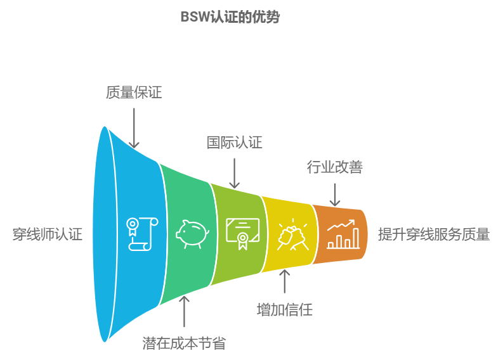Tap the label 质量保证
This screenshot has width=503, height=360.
point(133,93)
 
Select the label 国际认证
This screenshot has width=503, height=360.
point(234,143)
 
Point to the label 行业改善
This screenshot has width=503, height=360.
point(334,167)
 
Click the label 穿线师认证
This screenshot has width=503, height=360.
point(48,234)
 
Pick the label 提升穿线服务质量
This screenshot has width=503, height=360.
point(433,234)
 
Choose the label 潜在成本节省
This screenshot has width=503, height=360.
point(184,344)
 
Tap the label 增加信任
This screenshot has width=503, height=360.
point(284,310)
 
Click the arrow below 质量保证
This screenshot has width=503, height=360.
point(133,128)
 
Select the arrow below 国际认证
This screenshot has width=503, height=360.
point(234,173)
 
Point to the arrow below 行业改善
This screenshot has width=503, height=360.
point(334,195)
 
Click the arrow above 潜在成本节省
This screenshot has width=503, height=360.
point(184,311)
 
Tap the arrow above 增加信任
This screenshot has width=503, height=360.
point(284,281)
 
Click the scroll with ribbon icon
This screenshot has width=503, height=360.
point(141,233)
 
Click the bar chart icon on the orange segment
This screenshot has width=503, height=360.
point(343,234)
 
